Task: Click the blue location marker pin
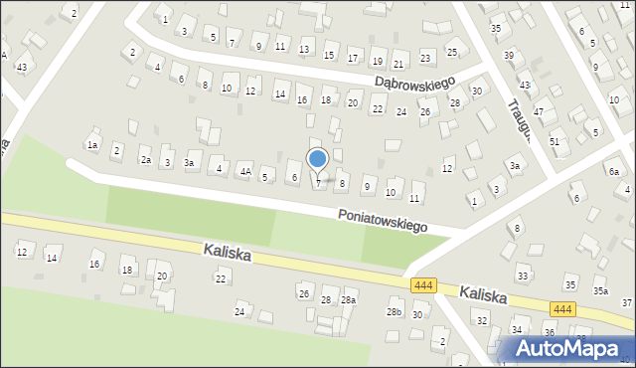click(318, 160)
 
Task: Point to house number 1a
click(92, 145)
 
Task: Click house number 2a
click(145, 160)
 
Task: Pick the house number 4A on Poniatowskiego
click(244, 171)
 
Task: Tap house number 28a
click(348, 299)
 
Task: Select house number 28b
click(395, 312)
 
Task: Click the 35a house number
click(600, 291)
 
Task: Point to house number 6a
click(614, 172)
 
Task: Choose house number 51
click(555, 142)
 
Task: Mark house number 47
click(539, 112)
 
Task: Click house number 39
click(509, 56)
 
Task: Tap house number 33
click(523, 275)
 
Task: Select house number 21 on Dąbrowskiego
click(398, 63)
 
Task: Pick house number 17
click(354, 56)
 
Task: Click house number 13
click(304, 50)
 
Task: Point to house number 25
click(452, 52)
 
